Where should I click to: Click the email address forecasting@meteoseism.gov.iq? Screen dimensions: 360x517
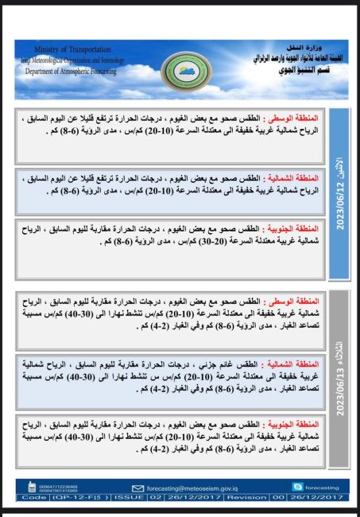tap(192, 488)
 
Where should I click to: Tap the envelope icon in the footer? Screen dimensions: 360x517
tap(137, 488)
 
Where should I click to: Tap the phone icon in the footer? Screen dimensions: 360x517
tap(33, 487)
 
